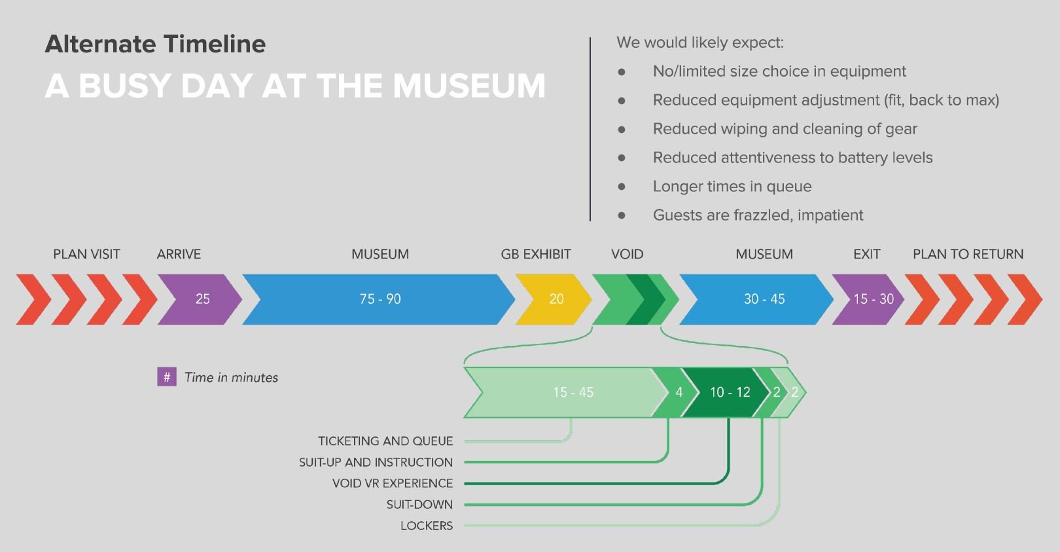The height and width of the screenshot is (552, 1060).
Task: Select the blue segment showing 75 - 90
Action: click(x=380, y=299)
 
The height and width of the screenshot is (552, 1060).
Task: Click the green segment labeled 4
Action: click(x=678, y=392)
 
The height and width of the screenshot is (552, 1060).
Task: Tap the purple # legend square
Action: click(x=167, y=377)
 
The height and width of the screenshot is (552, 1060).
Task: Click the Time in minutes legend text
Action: click(x=231, y=378)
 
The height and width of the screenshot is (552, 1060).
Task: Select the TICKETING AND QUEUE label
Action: click(x=385, y=441)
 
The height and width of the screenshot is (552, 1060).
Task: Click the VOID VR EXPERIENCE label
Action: click(x=393, y=483)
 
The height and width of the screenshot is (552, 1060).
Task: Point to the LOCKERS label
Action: click(x=427, y=526)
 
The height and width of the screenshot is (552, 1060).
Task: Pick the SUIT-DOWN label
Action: click(x=419, y=505)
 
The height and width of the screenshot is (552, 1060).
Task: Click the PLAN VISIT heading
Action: click(x=86, y=254)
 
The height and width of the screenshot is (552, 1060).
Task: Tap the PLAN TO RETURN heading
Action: click(x=968, y=254)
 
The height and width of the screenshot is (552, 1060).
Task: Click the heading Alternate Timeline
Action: click(x=155, y=44)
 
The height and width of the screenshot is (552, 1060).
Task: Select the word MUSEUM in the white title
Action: click(x=469, y=86)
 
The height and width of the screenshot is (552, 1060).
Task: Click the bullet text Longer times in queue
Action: click(x=732, y=187)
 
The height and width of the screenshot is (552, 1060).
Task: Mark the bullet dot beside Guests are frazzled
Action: click(x=622, y=215)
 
